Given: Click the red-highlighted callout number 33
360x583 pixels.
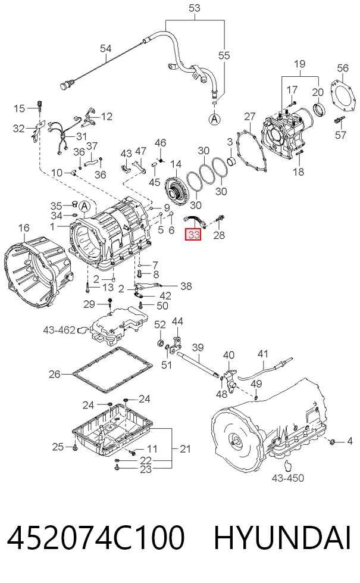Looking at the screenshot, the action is click(x=193, y=234).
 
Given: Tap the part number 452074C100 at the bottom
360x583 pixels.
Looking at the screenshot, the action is click(x=95, y=538).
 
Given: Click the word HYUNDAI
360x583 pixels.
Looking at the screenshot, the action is click(x=282, y=538).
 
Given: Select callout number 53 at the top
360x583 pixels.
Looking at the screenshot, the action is click(x=195, y=8).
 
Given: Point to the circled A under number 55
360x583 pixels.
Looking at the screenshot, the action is click(x=214, y=119).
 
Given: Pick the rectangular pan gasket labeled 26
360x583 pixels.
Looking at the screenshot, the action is click(x=112, y=370).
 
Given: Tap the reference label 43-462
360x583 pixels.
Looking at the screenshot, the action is click(x=60, y=330).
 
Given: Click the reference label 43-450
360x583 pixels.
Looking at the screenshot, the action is click(x=288, y=478).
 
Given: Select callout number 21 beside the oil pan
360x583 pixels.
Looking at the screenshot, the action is click(x=185, y=449).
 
